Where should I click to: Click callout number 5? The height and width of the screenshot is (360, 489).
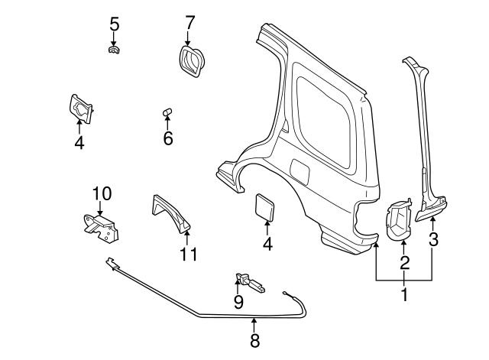pyautogui.click(x=114, y=24)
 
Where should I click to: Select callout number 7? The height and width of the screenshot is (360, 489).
pyautogui.click(x=190, y=24)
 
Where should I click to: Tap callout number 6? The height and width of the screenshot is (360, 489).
pyautogui.click(x=167, y=138)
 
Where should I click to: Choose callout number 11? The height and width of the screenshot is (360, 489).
pyautogui.click(x=188, y=254)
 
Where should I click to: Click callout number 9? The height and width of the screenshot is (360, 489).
pyautogui.click(x=238, y=303)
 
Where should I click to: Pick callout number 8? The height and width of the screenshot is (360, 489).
pyautogui.click(x=255, y=340)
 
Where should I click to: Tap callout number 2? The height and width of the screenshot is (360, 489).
pyautogui.click(x=405, y=264)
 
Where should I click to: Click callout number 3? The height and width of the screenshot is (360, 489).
pyautogui.click(x=433, y=239)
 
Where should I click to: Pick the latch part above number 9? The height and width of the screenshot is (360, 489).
pyautogui.click(x=251, y=282)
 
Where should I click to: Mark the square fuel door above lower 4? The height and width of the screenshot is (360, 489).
pyautogui.click(x=265, y=206)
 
